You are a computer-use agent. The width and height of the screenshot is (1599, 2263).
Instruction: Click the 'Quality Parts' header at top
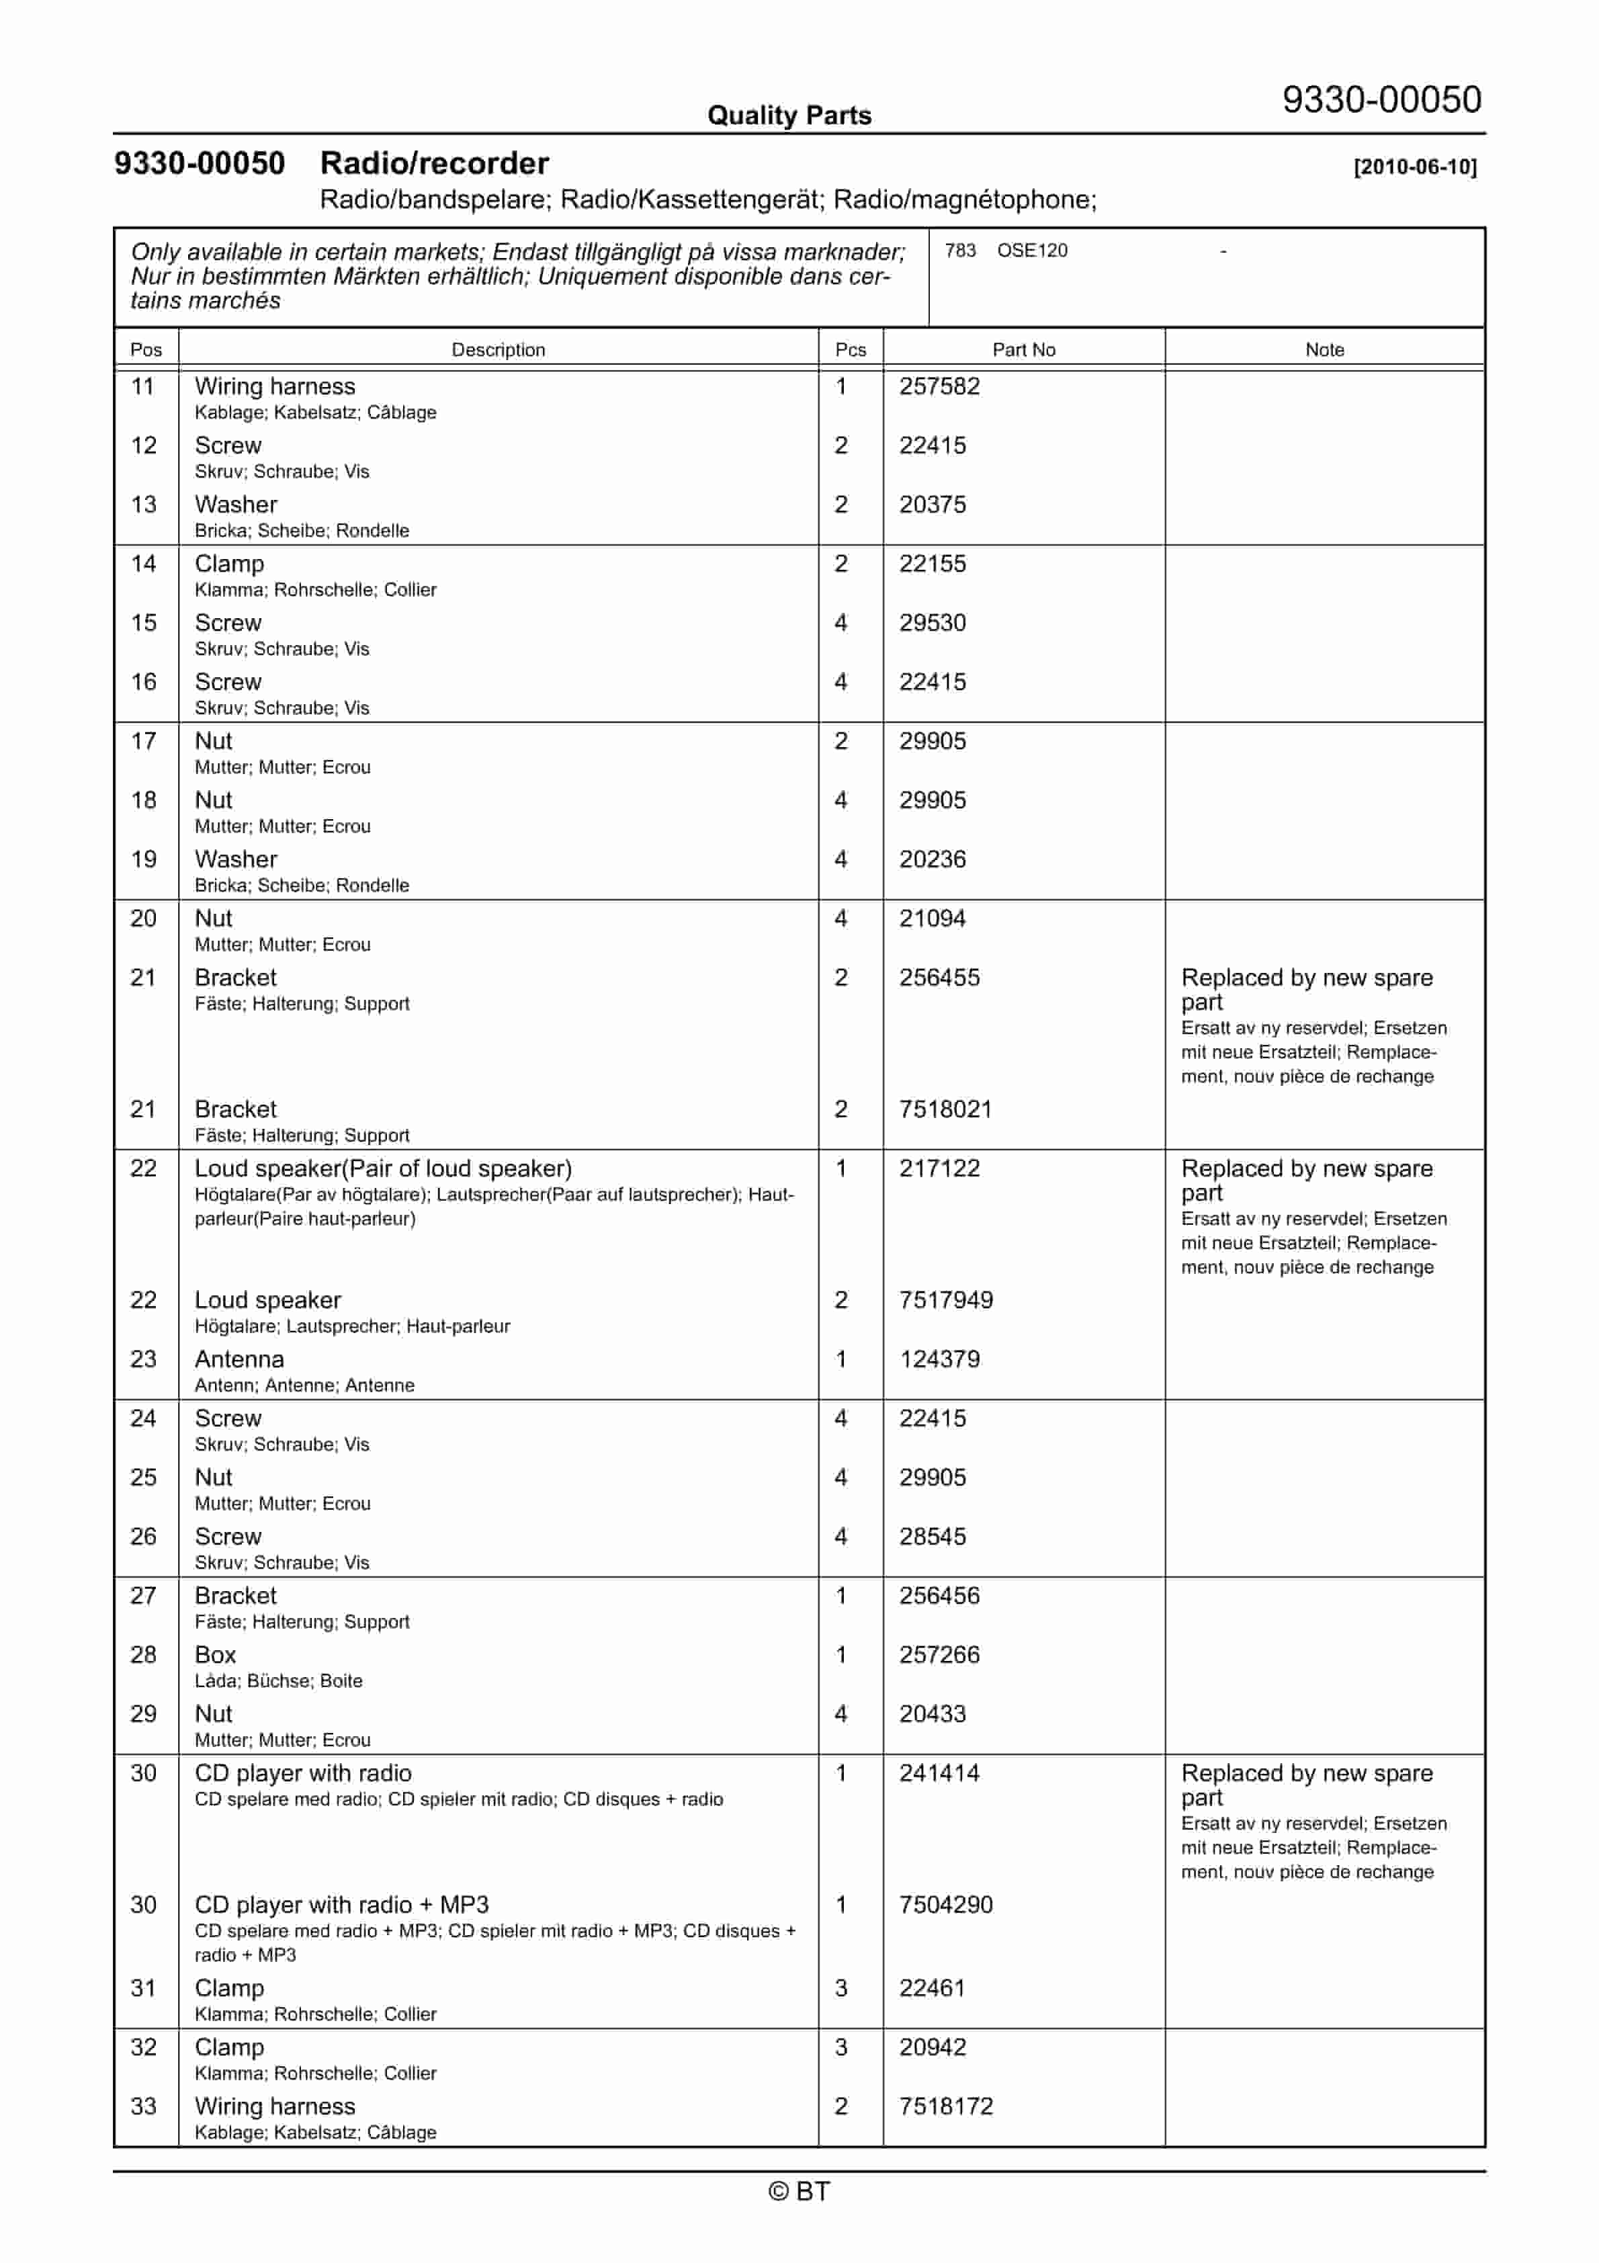click(789, 116)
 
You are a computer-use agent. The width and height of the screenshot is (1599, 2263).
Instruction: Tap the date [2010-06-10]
click(1415, 167)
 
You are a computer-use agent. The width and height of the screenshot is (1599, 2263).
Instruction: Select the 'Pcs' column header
click(850, 350)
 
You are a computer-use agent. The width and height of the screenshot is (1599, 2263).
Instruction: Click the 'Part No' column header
click(1023, 350)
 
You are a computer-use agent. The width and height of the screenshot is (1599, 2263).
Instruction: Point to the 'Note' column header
click(1324, 350)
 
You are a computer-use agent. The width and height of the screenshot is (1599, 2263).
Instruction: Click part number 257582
click(939, 386)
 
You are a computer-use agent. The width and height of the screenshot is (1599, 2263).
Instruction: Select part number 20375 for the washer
click(932, 505)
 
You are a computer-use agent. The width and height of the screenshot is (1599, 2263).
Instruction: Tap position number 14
click(144, 564)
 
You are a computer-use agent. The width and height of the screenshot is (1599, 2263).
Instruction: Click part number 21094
click(932, 919)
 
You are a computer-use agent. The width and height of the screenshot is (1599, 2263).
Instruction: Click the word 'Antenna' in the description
click(240, 1359)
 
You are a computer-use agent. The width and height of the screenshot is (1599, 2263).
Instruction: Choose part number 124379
click(939, 1359)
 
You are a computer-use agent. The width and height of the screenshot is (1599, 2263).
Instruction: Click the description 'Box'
click(215, 1655)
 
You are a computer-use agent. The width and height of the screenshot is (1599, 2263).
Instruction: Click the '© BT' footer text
click(799, 2191)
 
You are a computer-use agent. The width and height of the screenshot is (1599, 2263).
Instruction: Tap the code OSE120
click(1031, 251)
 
